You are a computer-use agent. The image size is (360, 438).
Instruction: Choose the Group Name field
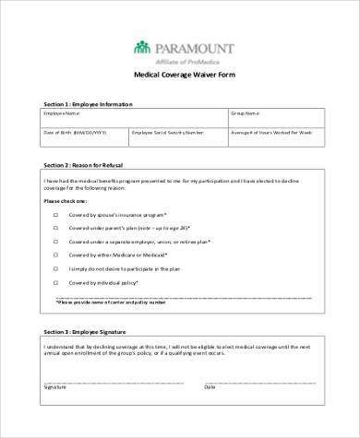(x=275, y=118)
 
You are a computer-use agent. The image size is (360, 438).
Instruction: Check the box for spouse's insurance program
(x=57, y=214)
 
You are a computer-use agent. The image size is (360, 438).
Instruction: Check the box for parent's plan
(x=57, y=227)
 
